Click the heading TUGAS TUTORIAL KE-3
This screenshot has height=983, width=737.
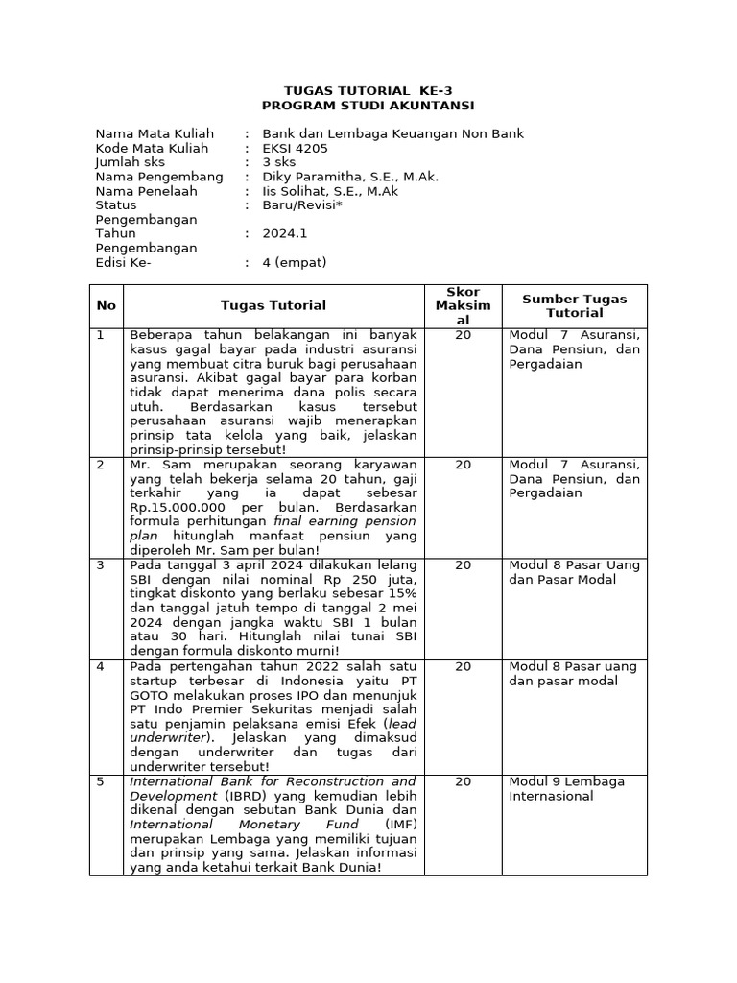coord(368,90)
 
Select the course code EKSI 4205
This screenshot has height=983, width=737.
coord(295,149)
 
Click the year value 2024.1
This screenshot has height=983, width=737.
coord(285,233)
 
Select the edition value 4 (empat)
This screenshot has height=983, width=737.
coord(295,262)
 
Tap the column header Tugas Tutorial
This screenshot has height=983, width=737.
coord(273,306)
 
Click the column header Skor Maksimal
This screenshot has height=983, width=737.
coord(464,306)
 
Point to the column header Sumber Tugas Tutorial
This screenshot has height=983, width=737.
coord(574,306)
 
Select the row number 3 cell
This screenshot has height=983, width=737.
coord(100,566)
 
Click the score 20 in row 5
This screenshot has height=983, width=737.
coord(464,782)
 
